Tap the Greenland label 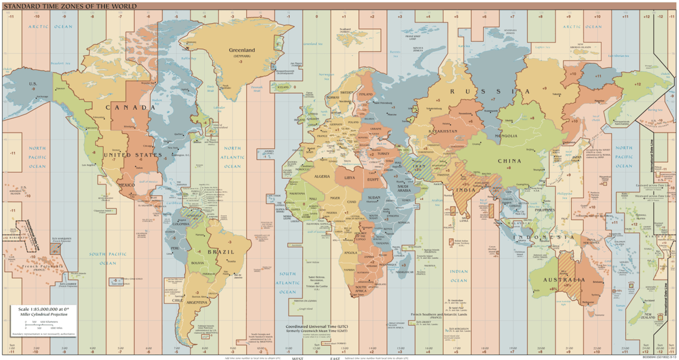(x=242, y=50)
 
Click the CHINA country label (x=509, y=161)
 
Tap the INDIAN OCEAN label (x=459, y=276)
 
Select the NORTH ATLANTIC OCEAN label (x=232, y=157)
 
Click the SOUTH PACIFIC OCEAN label (x=108, y=259)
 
